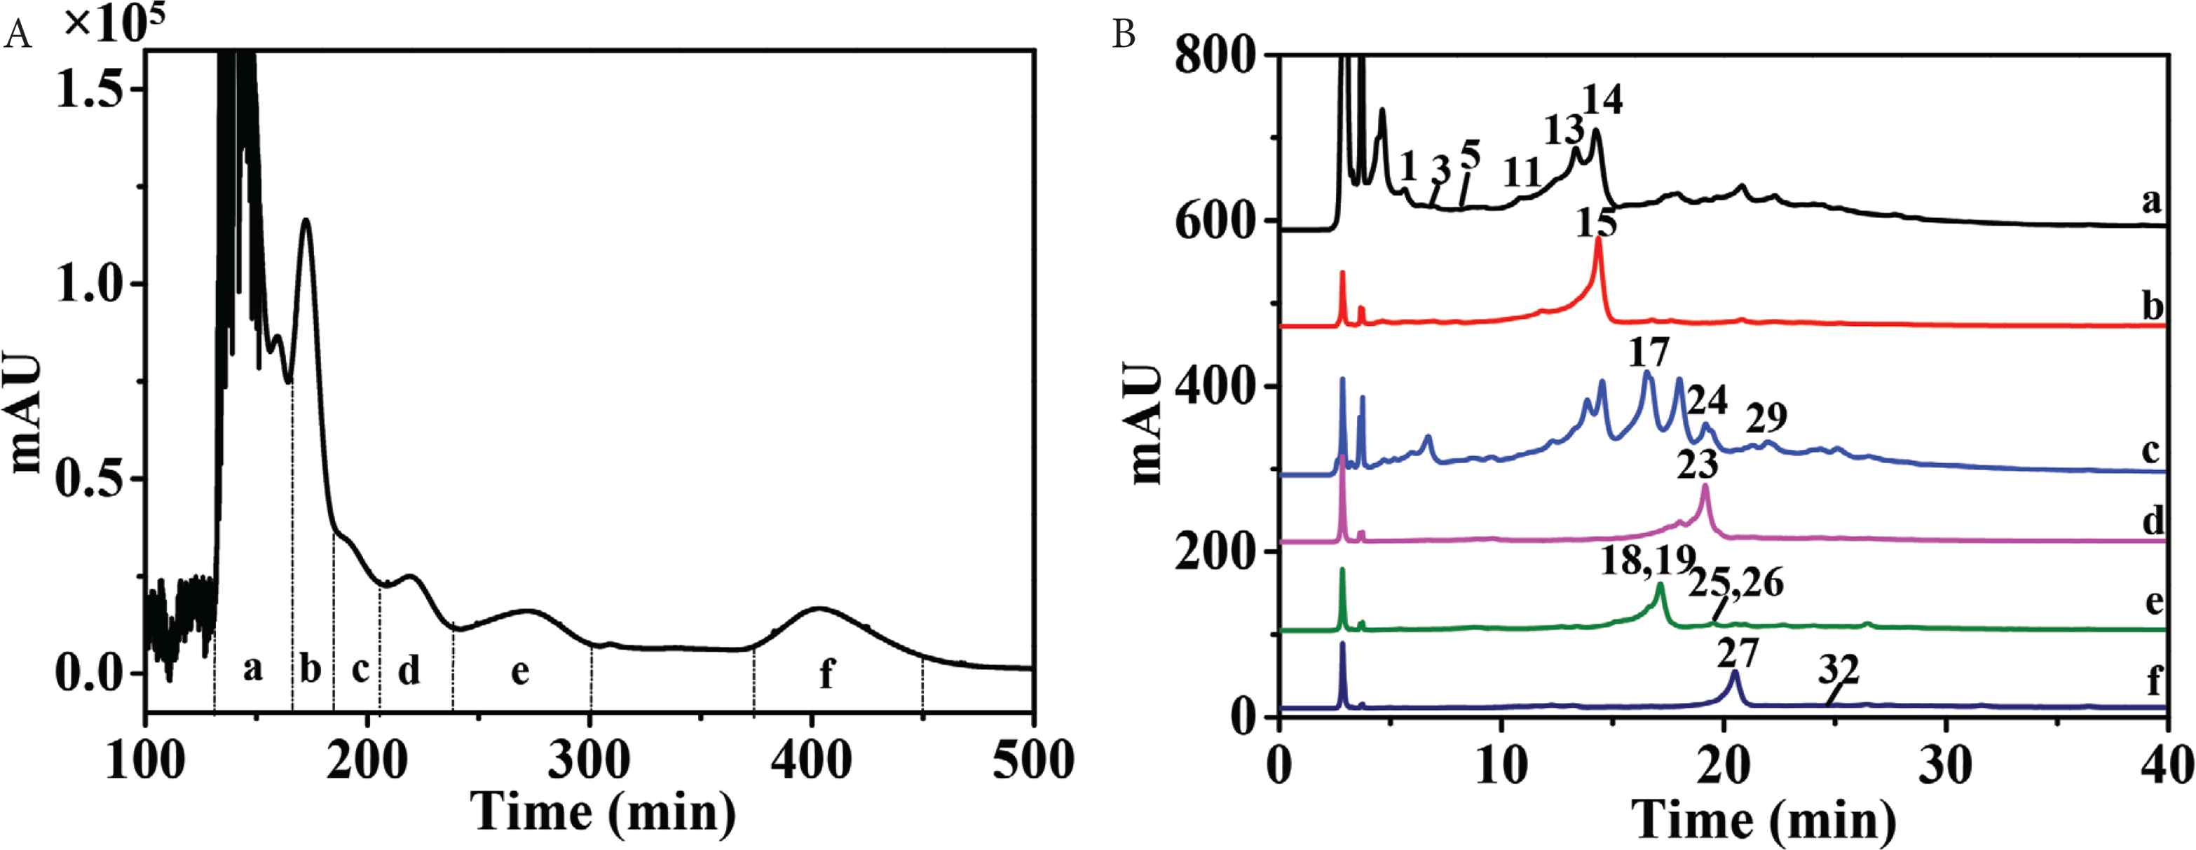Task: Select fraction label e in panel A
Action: [x=519, y=672]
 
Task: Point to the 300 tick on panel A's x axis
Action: [x=589, y=759]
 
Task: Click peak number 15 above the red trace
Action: [x=1596, y=224]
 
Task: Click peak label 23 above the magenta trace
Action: [x=1695, y=465]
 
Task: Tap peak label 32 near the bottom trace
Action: [x=1838, y=671]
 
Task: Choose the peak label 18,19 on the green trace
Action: [x=1648, y=561]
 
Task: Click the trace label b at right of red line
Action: [x=2153, y=307]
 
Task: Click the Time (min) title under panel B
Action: [x=1765, y=820]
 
